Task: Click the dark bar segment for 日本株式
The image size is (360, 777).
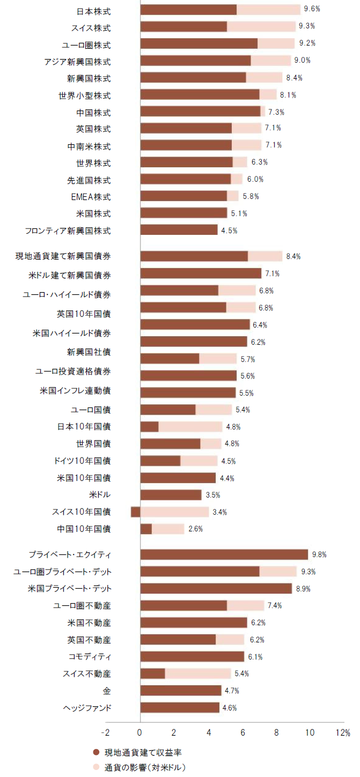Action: tap(188, 10)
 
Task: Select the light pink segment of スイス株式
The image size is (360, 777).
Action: tap(261, 27)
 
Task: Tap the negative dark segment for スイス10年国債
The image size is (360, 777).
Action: tap(136, 512)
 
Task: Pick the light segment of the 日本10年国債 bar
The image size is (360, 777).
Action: tap(190, 427)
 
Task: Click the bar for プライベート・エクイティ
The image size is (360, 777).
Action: tap(224, 554)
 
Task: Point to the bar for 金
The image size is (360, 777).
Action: tap(181, 691)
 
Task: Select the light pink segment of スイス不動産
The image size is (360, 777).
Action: tap(197, 674)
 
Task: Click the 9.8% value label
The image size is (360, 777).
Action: tap(319, 554)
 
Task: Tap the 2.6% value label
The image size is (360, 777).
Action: tap(195, 529)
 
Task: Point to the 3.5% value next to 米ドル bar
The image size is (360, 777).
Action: tap(212, 495)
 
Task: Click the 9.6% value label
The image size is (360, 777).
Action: tap(312, 9)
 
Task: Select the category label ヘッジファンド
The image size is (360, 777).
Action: tap(87, 708)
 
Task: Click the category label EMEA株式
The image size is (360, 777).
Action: tap(91, 197)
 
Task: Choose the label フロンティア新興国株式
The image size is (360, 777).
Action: tap(68, 231)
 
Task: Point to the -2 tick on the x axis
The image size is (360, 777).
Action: tap(105, 732)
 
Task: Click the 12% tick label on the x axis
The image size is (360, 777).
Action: tap(343, 732)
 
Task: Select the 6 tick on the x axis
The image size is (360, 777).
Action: tap(243, 732)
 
